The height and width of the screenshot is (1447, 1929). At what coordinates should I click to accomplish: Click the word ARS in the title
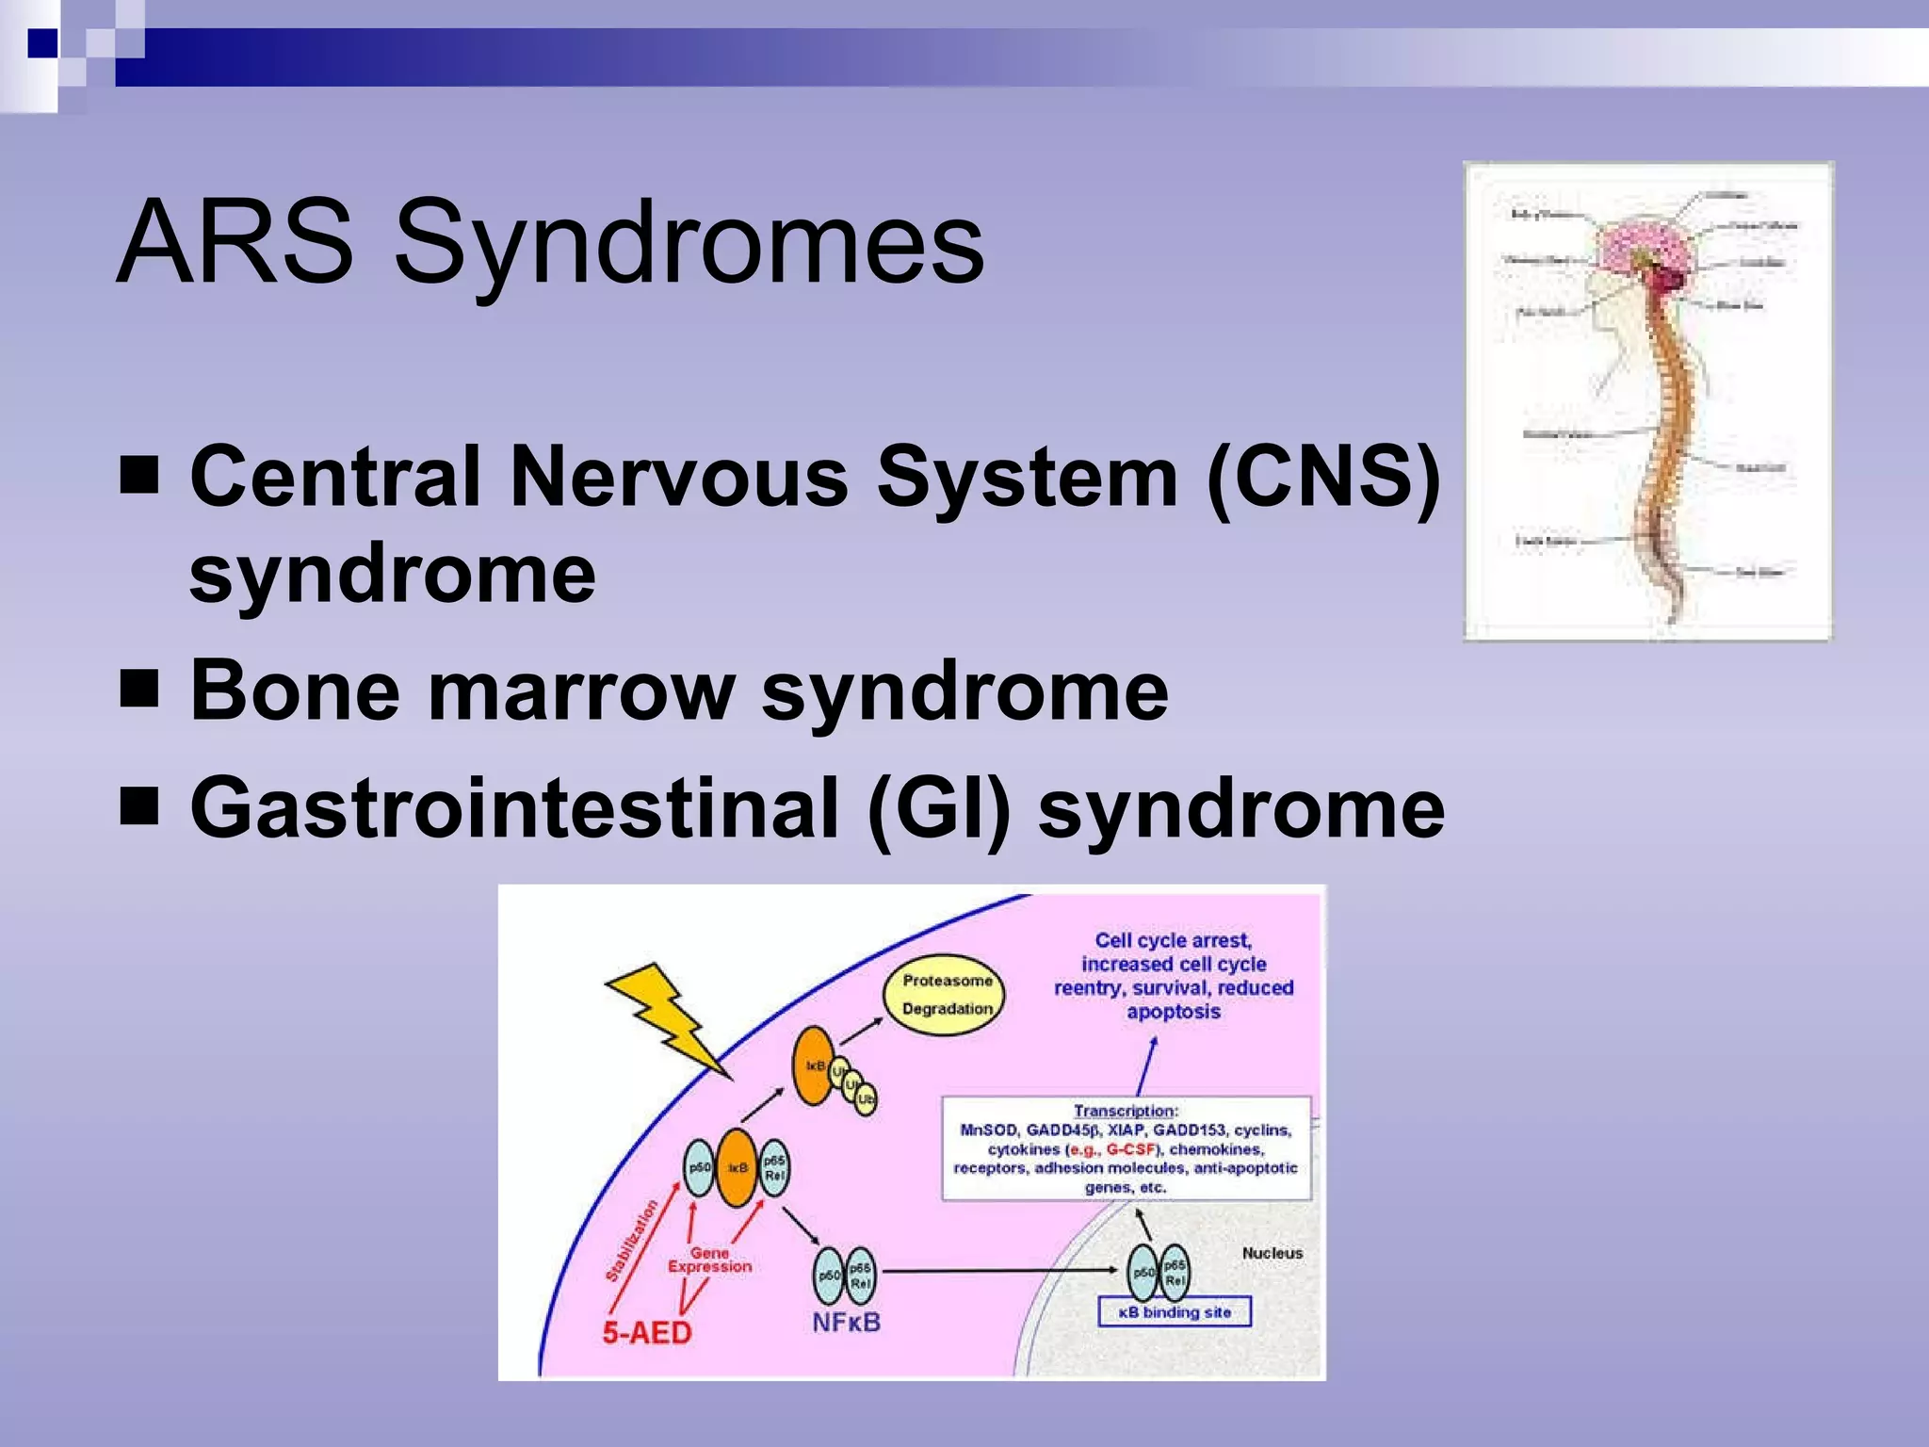[x=235, y=243]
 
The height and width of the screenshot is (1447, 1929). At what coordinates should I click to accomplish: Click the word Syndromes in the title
[x=689, y=247]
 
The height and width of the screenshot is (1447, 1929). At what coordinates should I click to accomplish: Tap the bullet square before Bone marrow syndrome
[x=139, y=691]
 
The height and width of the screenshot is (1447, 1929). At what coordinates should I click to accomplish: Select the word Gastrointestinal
[x=513, y=809]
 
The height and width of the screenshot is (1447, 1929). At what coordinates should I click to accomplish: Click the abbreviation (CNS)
[x=1323, y=477]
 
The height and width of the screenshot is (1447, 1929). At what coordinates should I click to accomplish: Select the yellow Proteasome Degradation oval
[x=945, y=995]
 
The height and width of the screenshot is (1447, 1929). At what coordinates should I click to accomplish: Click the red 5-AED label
[x=647, y=1332]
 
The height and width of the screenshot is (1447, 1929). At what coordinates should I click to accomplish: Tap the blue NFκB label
[x=846, y=1323]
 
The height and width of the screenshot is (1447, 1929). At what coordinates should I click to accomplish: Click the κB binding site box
[x=1175, y=1312]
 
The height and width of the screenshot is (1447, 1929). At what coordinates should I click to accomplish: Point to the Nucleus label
[x=1272, y=1253]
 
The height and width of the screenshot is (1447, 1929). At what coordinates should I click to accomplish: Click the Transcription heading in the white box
[x=1125, y=1112]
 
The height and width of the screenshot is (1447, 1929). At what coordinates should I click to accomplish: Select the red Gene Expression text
[x=710, y=1260]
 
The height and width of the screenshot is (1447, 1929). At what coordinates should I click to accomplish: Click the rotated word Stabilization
[x=631, y=1241]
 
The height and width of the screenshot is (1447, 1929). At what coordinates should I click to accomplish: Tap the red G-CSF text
[x=1129, y=1149]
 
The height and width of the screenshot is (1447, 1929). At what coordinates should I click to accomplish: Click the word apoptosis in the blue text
[x=1174, y=1012]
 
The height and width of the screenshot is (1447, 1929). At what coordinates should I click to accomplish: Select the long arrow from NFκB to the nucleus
[x=998, y=1271]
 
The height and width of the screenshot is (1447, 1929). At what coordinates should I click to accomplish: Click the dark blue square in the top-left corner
[x=42, y=43]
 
